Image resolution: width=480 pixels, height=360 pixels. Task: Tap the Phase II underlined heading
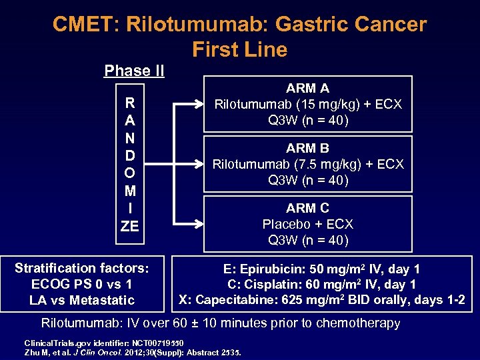134,71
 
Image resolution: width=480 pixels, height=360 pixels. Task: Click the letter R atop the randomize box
129,104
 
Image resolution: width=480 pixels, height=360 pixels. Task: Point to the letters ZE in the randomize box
129,226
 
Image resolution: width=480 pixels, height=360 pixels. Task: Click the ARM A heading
307,88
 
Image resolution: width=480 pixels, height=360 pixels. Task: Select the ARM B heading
307,148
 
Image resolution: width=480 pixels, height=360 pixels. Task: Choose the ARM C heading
307,208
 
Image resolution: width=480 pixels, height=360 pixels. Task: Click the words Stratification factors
82,268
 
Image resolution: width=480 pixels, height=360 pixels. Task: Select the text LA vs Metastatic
82,300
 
